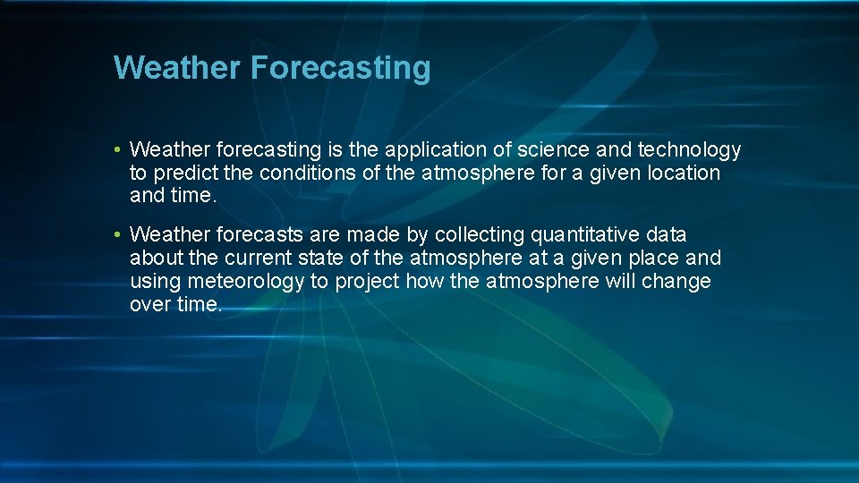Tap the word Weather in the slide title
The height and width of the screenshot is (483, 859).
pos(177,68)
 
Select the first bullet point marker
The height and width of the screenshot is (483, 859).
pos(118,149)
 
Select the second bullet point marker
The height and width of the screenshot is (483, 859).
pos(118,235)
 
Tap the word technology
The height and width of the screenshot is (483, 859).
pos(689,149)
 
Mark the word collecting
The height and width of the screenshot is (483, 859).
pos(481,235)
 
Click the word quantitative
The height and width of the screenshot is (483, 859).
pos(585,235)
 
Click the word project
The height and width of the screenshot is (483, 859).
pos(369,282)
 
